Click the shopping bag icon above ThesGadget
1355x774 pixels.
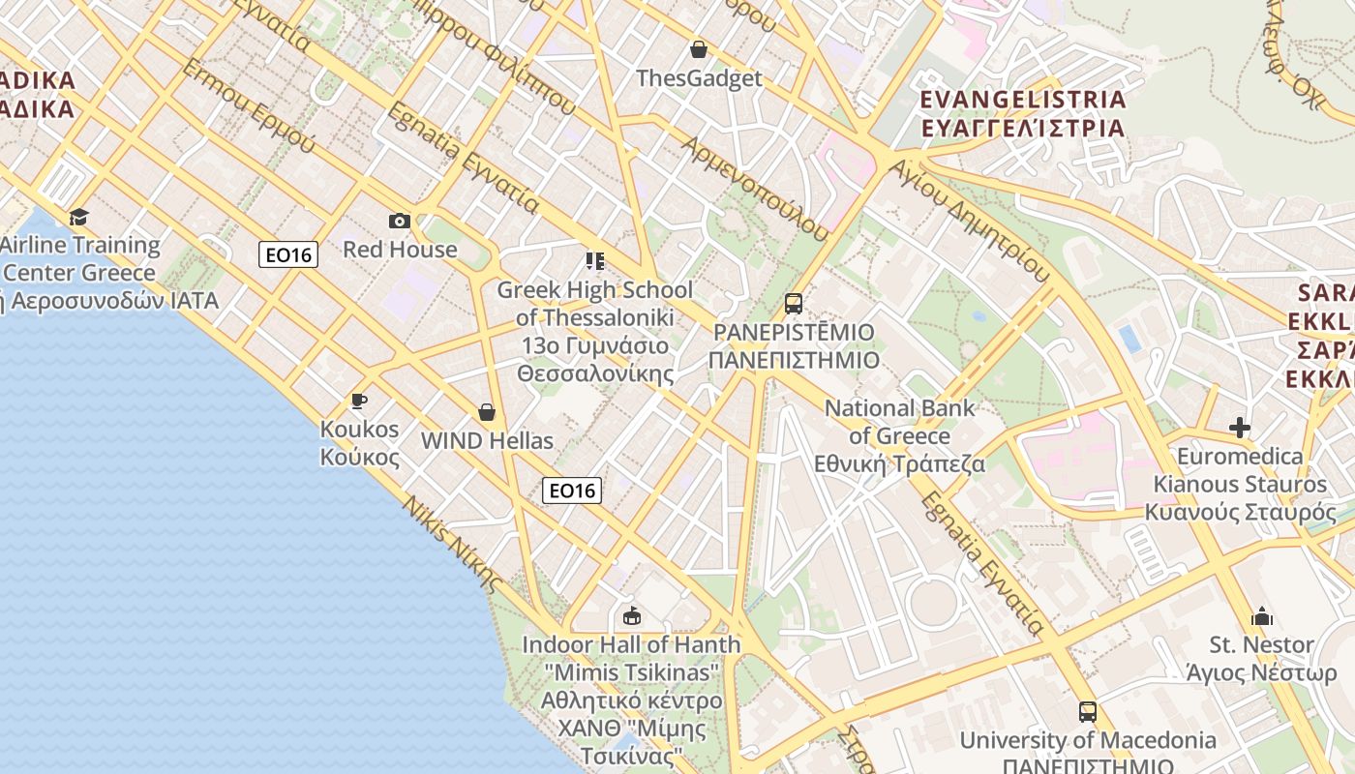[x=698, y=49]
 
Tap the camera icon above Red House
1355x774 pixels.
[x=399, y=222]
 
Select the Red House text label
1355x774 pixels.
[x=400, y=250]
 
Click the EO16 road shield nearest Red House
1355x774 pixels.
[x=288, y=254]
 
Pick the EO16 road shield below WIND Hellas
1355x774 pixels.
[x=571, y=491]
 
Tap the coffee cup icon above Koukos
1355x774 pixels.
[x=359, y=401]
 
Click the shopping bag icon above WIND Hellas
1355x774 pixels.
[x=486, y=413]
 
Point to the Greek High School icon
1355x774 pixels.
[x=594, y=261]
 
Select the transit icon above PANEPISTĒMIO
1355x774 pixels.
[x=793, y=304]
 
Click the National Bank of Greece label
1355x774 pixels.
[x=899, y=435]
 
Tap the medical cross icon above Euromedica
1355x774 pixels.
[x=1239, y=428]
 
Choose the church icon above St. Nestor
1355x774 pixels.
[x=1261, y=616]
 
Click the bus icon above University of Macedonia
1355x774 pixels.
[x=1087, y=712]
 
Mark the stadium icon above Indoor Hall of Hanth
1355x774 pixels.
[x=631, y=615]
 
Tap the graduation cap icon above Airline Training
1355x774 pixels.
[x=78, y=217]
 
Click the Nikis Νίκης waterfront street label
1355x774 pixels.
[x=453, y=544]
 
